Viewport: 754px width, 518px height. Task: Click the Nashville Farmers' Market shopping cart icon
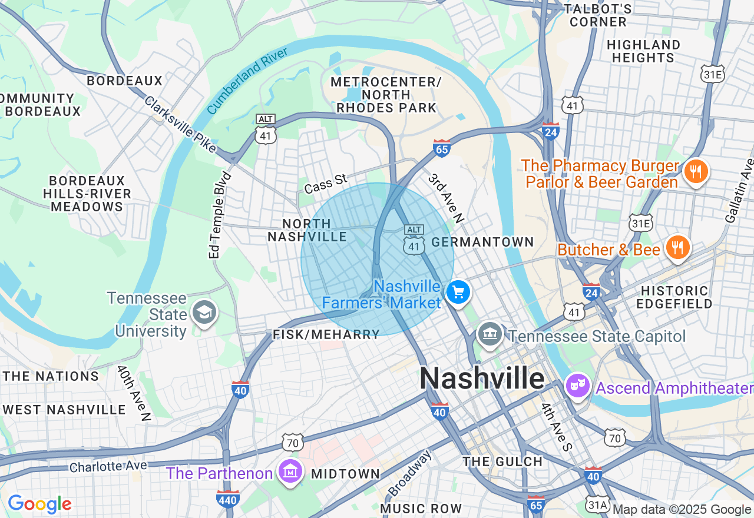tap(458, 293)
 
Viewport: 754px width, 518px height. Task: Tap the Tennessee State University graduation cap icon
tap(204, 313)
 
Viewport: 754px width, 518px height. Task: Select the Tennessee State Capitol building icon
tap(489, 335)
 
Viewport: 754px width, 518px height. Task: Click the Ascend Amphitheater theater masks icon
tap(578, 386)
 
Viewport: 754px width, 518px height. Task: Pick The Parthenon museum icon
tap(290, 471)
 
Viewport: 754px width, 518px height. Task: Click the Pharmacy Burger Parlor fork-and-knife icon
tap(696, 171)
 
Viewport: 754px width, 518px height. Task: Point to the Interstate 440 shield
tap(227, 499)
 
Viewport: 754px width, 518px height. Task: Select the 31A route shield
tap(597, 504)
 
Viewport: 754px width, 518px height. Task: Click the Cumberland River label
tap(247, 81)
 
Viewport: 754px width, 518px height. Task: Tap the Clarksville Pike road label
tap(180, 125)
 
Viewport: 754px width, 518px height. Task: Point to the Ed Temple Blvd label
tap(220, 215)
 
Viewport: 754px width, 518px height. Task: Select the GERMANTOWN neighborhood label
tap(482, 242)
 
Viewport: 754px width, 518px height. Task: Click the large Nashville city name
tap(482, 378)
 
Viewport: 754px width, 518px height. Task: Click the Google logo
tap(39, 504)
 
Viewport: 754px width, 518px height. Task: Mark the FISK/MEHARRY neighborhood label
tap(326, 334)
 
